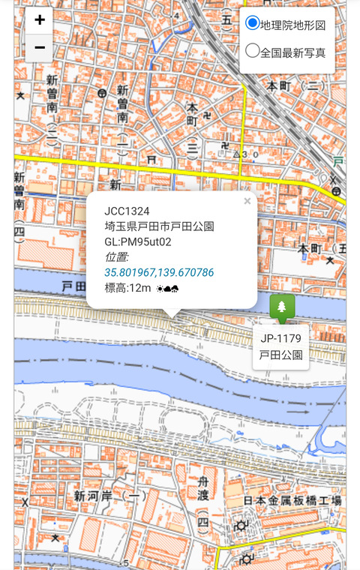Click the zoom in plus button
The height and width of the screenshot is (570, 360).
tap(40, 20)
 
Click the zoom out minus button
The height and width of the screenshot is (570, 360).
tap(40, 48)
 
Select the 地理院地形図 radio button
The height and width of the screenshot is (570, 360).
tap(253, 24)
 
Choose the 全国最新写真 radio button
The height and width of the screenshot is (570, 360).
tap(253, 52)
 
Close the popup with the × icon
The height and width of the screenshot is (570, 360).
tap(247, 201)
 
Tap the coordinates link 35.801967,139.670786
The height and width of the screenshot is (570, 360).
tap(159, 272)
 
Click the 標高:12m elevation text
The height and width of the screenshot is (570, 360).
tap(128, 288)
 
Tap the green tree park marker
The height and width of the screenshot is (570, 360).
tap(282, 307)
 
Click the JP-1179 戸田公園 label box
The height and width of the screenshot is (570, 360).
tap(280, 346)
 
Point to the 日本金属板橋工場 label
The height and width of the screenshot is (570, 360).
tap(293, 500)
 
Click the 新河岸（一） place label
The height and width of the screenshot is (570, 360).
tap(111, 496)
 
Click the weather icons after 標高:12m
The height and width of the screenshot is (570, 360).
tap(167, 288)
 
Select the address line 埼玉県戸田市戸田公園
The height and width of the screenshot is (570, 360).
tap(159, 226)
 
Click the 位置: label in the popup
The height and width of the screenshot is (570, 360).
tap(117, 256)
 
